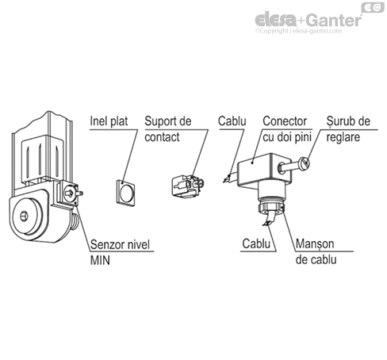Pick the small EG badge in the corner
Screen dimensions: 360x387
click(x=371, y=7)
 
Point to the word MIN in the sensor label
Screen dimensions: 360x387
click(x=101, y=259)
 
